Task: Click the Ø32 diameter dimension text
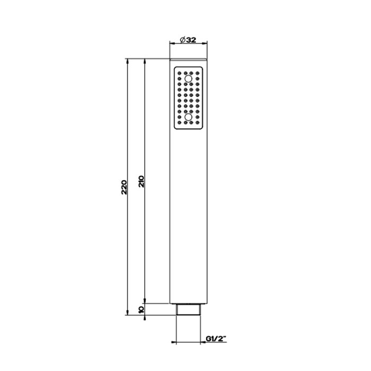pos(188,39)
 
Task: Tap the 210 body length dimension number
pos(141,181)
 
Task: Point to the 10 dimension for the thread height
pos(141,308)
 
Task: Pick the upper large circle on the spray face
pos(188,79)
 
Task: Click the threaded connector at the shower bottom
pos(188,309)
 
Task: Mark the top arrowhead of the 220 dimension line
pos(128,61)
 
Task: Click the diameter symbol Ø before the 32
pos(182,39)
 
